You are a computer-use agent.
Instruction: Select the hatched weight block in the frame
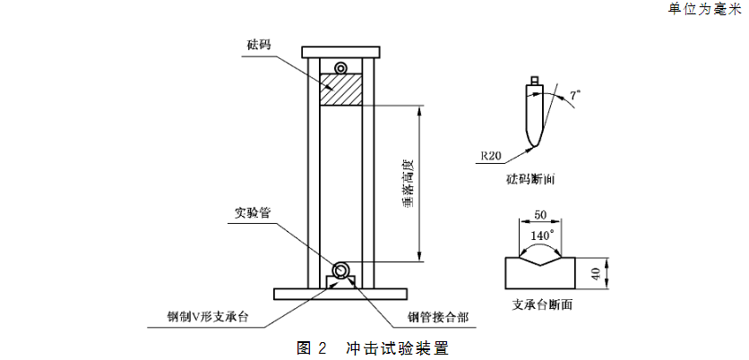341,91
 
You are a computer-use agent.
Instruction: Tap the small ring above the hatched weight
341,69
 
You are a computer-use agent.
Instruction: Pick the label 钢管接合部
436,317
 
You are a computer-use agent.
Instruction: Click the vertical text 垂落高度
407,184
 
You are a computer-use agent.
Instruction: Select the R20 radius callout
490,155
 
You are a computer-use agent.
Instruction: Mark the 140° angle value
541,235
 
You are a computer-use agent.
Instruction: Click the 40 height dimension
596,273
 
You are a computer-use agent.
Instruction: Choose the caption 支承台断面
543,305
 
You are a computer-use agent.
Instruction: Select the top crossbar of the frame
341,52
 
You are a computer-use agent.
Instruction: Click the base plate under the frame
341,294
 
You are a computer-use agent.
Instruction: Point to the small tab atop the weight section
535,81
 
